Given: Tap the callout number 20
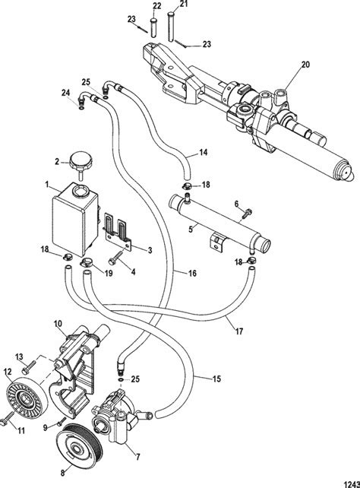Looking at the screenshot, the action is [305, 65].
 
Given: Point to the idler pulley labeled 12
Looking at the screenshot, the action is [27, 399].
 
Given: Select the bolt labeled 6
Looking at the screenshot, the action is [247, 213].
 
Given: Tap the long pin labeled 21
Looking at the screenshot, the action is [172, 26].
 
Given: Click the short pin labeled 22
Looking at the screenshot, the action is [153, 27].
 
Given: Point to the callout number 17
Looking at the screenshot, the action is [238, 331].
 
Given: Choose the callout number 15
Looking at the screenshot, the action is [216, 379].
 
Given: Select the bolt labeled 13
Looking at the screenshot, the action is [27, 367].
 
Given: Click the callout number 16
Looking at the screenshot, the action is [192, 273].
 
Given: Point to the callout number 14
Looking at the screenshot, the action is [204, 153].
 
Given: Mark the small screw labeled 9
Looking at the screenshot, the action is [62, 422].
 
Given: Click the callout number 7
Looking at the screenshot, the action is [137, 457].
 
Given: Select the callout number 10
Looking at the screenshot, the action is [58, 323].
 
